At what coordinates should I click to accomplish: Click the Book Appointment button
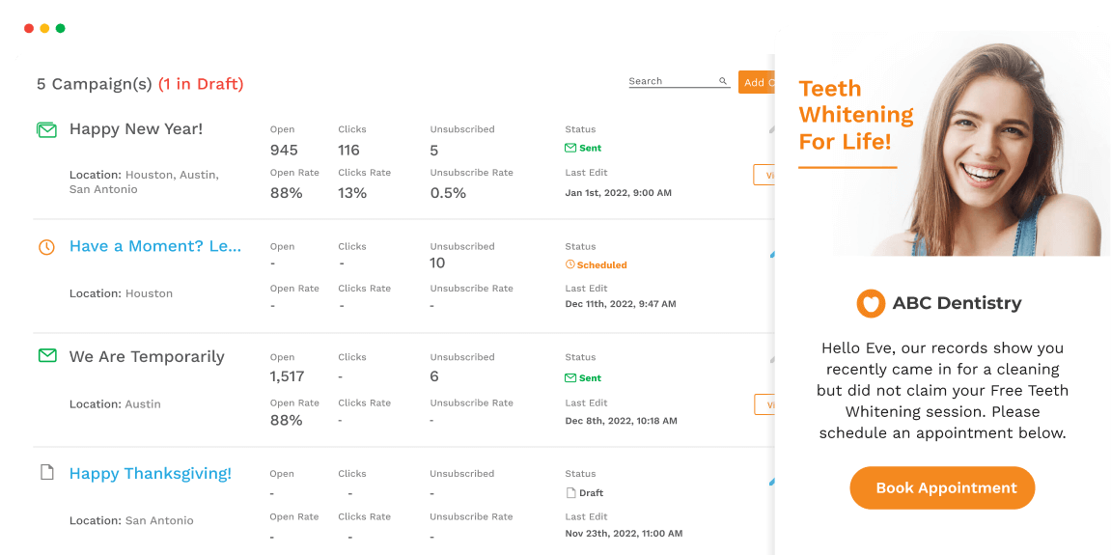point(942,488)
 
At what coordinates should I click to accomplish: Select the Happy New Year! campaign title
point(136,129)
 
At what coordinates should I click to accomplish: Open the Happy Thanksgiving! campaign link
point(151,474)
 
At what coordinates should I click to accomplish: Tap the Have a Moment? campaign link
point(155,246)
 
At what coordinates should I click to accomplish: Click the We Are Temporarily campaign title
point(147,357)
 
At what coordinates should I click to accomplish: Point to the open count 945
point(284,151)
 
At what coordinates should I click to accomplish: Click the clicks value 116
point(348,151)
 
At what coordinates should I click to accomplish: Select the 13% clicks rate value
point(352,193)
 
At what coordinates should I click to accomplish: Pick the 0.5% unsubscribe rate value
point(448,193)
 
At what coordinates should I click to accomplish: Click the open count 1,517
point(287,376)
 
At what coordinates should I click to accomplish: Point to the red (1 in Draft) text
point(201,84)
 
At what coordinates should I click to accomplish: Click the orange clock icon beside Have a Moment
point(46,247)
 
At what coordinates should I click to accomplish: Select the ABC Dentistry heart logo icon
point(871,303)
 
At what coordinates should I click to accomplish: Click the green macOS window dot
point(60,29)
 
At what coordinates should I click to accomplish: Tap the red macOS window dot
point(29,29)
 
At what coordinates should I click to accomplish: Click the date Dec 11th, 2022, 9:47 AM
point(621,304)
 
